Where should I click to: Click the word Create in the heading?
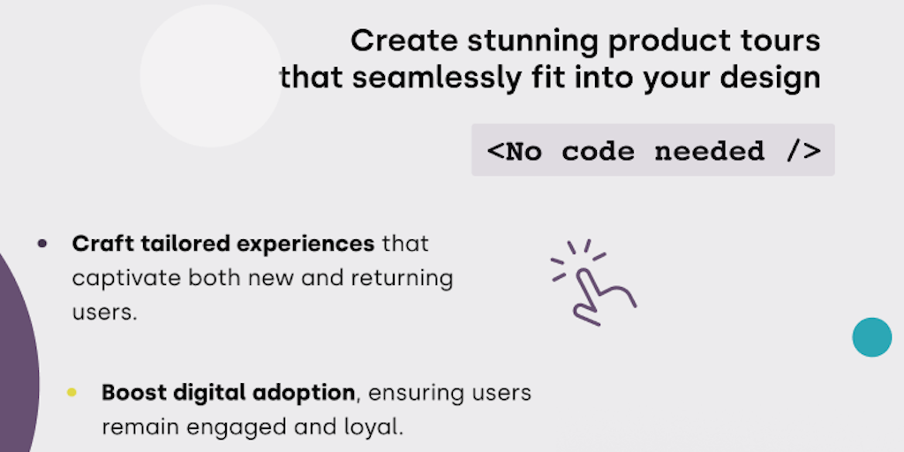tap(404, 41)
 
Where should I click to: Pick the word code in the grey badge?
tap(599, 150)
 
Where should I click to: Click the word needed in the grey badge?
tap(710, 150)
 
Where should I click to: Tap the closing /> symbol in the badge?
tap(803, 150)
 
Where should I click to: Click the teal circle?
tap(871, 337)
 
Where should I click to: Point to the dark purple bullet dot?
tap(42, 244)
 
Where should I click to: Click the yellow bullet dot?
tap(72, 393)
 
